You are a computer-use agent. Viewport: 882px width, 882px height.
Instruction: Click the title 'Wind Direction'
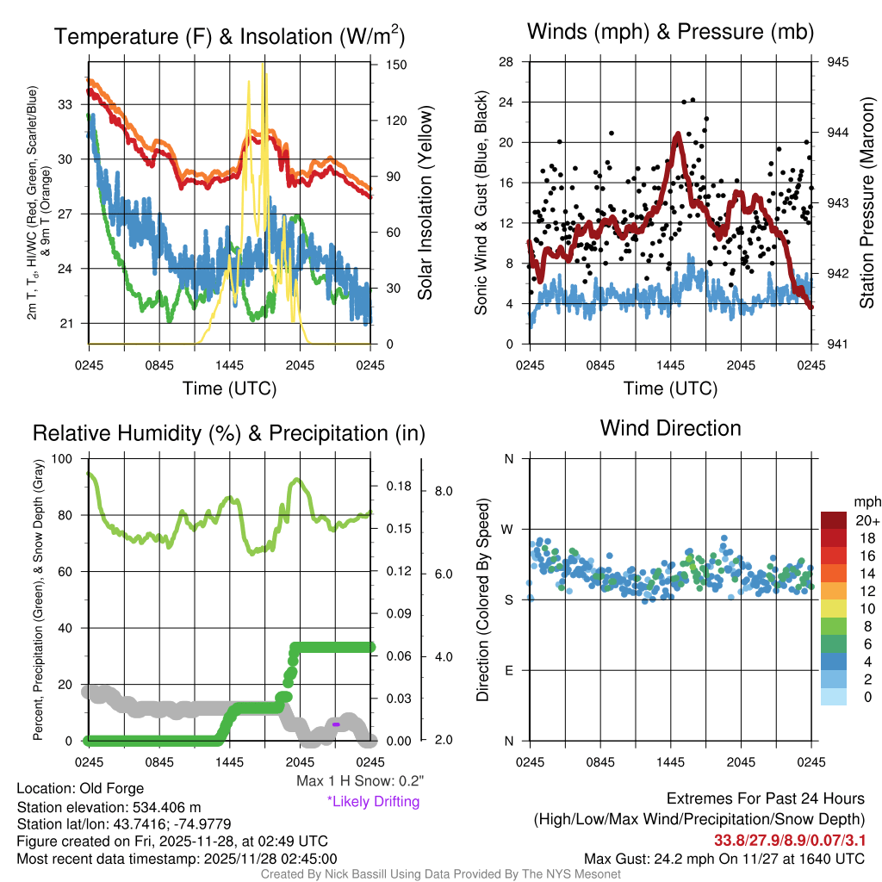point(670,428)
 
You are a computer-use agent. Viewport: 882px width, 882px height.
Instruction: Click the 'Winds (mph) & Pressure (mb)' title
point(670,33)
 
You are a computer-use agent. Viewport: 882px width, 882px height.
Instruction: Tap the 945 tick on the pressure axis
point(837,62)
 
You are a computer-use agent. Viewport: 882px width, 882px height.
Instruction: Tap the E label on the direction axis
point(508,670)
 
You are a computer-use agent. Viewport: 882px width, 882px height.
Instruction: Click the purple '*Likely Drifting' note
point(373,802)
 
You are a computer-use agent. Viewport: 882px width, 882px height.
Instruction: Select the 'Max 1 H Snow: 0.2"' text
point(360,781)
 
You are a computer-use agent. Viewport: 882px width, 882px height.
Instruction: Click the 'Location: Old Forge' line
point(80,788)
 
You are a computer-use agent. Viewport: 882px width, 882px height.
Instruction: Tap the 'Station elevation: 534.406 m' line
point(109,807)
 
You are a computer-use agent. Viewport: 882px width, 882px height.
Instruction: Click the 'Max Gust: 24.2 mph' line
point(724,859)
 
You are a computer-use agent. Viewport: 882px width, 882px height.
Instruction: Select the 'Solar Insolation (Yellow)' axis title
point(425,203)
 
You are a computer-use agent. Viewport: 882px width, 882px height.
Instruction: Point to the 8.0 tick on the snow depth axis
point(444,491)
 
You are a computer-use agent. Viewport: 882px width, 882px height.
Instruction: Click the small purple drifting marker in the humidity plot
point(336,725)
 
